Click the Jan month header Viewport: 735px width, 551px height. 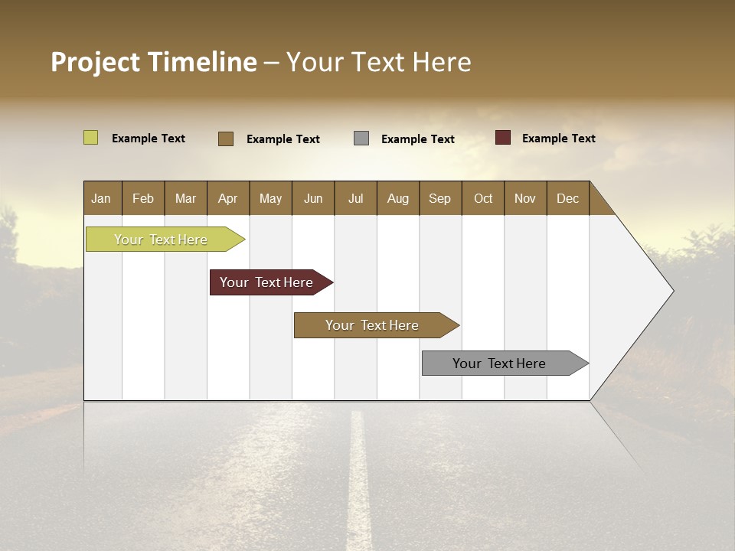(x=102, y=198)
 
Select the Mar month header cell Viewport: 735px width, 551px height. (x=185, y=198)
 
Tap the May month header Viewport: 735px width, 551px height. (x=270, y=198)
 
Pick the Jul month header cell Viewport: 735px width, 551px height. (x=355, y=198)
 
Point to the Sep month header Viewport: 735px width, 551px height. (x=440, y=198)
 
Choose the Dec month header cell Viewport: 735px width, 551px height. (x=567, y=198)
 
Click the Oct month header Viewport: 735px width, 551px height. (x=483, y=198)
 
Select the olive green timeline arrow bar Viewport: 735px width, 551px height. (x=162, y=240)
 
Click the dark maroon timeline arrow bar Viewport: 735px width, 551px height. (x=267, y=282)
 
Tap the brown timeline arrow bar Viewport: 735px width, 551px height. (x=373, y=325)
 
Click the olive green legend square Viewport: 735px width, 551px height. (x=91, y=138)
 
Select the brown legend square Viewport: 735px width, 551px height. (x=226, y=139)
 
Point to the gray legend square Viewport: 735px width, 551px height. (x=361, y=139)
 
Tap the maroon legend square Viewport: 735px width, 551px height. (x=503, y=138)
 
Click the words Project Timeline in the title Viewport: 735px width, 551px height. (x=154, y=62)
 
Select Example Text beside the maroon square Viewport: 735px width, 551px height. (x=559, y=139)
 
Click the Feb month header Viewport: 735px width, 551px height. (x=143, y=198)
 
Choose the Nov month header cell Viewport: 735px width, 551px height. (x=525, y=198)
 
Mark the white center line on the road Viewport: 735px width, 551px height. (x=358, y=482)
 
